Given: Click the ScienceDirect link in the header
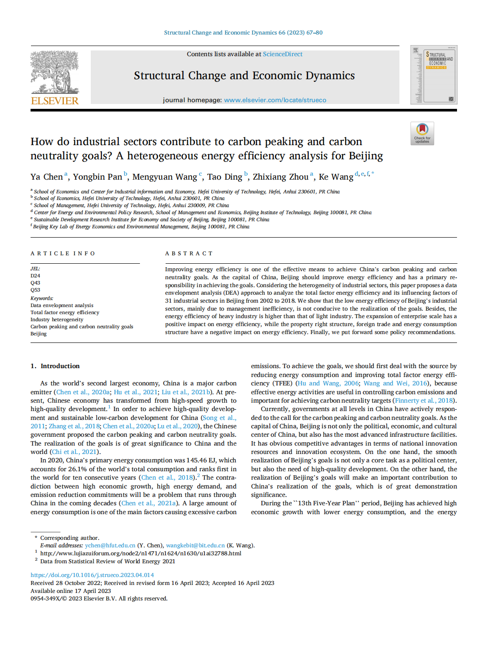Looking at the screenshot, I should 283,54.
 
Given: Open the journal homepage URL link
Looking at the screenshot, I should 275,100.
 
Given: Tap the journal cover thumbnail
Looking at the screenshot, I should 434,75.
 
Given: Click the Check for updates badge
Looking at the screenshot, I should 422,133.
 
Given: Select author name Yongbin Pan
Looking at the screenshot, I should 97,177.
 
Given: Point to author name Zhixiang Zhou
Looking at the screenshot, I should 280,177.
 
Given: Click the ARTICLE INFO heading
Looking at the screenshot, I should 63,254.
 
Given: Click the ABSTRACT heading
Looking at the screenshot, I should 189,254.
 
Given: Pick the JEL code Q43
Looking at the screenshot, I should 35,283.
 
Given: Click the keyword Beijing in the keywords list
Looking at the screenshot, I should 39,334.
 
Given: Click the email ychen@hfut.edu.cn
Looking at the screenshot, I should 110,545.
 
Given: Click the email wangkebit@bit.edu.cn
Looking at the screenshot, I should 195,545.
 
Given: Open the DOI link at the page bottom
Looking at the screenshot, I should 92,575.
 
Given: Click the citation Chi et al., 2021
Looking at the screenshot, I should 74,452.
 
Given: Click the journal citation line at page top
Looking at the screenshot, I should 243,32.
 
